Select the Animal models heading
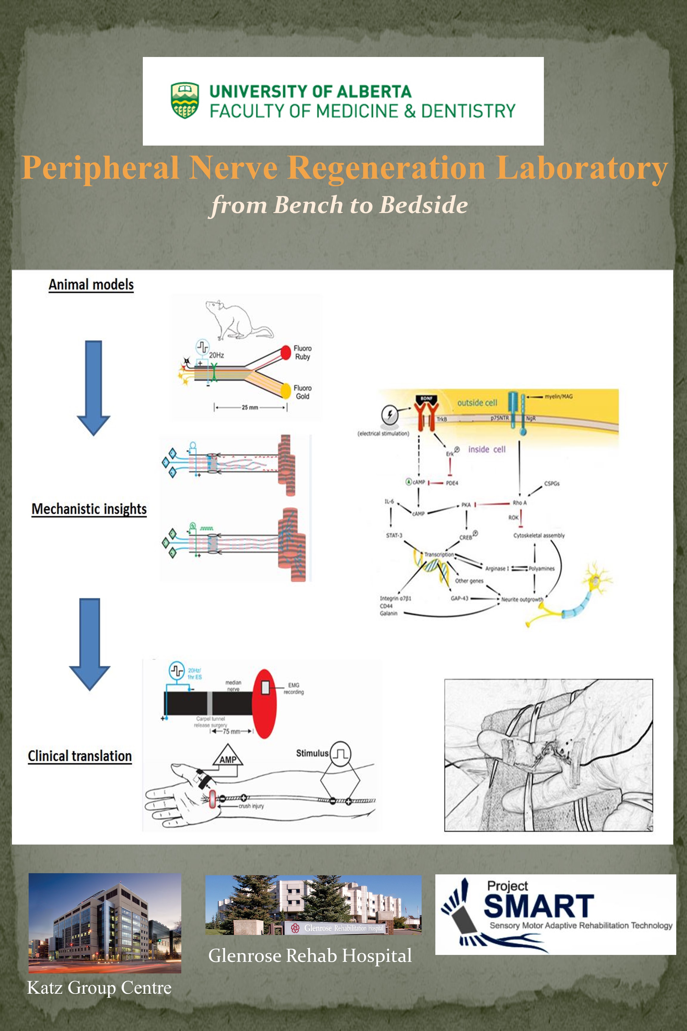coord(91,285)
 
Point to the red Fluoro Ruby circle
coord(286,352)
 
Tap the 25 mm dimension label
coord(250,407)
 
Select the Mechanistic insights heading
coord(89,509)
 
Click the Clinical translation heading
coord(80,756)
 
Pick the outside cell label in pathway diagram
coord(477,402)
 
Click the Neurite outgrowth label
coord(522,599)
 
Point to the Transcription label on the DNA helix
coord(439,555)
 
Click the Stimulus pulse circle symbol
coord(341,754)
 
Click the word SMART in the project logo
coord(539,907)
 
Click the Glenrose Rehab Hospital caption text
coord(310,956)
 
